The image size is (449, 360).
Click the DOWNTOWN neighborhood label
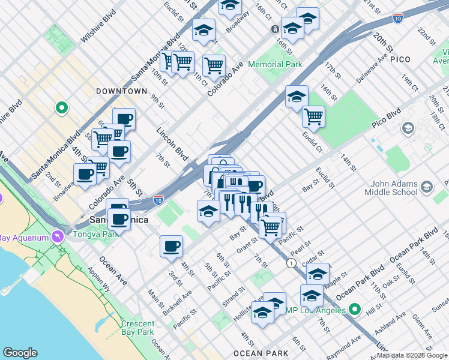(121, 91)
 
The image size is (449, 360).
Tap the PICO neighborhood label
(400, 59)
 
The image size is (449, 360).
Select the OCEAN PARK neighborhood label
(257, 353)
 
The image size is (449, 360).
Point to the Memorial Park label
(274, 64)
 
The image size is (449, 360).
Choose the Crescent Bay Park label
(137, 327)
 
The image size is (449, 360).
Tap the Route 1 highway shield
(292, 263)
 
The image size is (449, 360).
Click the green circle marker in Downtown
(61, 109)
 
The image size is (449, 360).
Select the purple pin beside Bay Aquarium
(57, 235)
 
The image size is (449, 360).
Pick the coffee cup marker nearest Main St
(171, 245)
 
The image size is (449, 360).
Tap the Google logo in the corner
(20, 353)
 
